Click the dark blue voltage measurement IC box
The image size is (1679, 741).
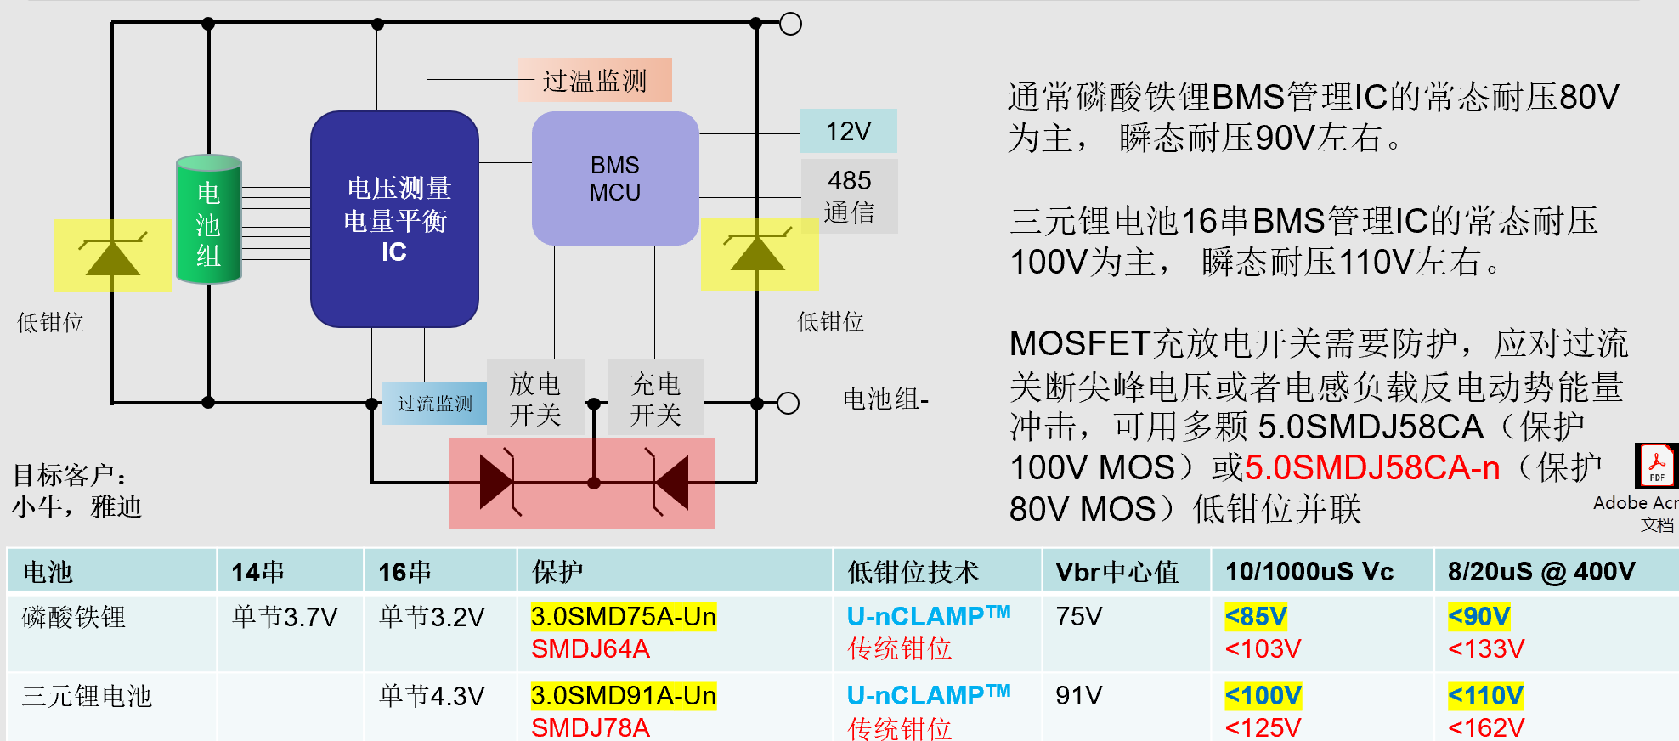point(394,219)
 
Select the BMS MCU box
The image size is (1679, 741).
point(615,178)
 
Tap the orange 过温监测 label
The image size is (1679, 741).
point(595,81)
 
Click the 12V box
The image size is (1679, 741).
point(848,131)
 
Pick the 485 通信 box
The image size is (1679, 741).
point(849,196)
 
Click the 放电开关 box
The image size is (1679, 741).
point(535,398)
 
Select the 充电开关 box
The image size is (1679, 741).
point(655,398)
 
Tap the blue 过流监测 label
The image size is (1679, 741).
point(434,403)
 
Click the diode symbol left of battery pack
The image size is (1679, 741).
point(112,255)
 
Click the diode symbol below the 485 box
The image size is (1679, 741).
point(759,252)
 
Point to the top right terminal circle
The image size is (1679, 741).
point(790,24)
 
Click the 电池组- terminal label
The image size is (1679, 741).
point(885,399)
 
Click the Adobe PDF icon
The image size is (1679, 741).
point(1656,466)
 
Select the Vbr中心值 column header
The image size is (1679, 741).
point(1117,572)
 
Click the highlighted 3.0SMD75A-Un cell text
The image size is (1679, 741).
point(623,617)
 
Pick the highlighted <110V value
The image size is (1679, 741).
point(1485,696)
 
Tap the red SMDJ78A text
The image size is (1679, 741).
point(591,727)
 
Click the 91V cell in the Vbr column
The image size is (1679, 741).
point(1078,696)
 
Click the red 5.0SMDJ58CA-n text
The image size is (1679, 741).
point(1371,468)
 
